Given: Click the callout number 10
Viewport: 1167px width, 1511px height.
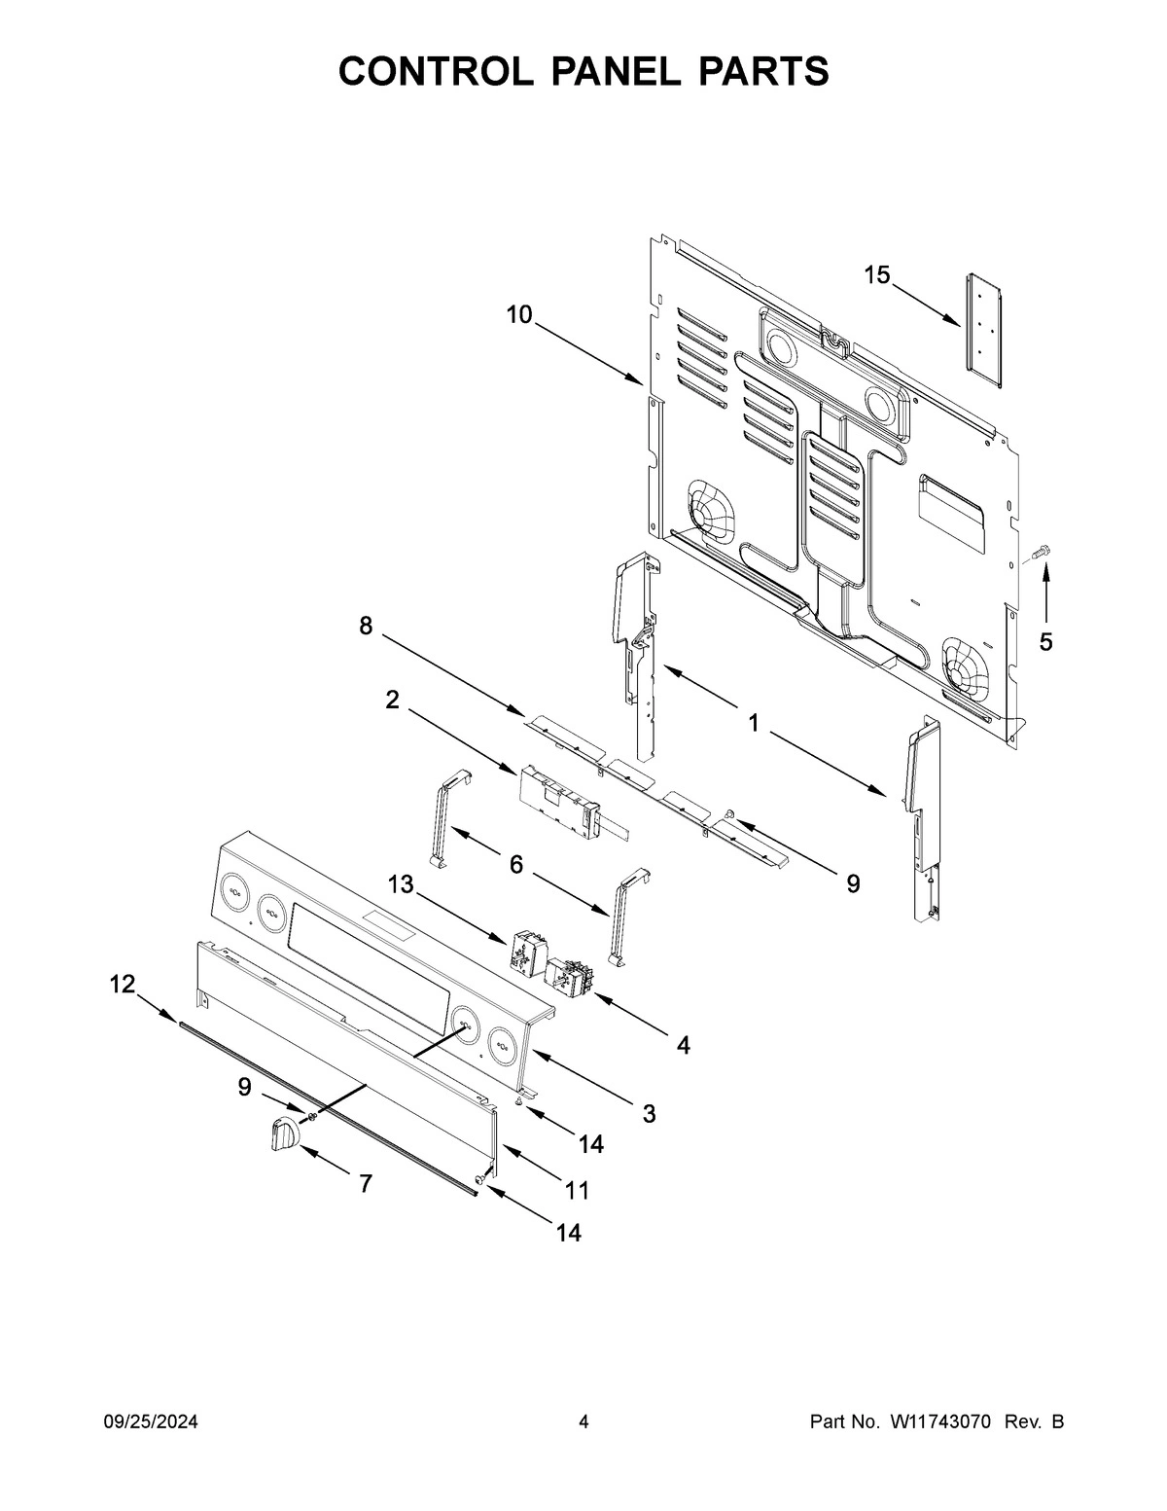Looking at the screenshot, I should click(x=519, y=314).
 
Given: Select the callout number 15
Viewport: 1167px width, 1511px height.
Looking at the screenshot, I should click(x=876, y=275).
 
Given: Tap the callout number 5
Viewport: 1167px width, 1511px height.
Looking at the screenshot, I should click(x=1045, y=642).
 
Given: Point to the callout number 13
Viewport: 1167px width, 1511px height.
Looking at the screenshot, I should click(x=400, y=884).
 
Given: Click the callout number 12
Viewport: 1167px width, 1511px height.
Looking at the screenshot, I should click(x=122, y=985).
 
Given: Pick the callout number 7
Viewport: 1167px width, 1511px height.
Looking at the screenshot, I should click(x=366, y=1184).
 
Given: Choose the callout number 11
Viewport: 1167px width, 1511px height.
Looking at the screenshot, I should click(x=578, y=1190).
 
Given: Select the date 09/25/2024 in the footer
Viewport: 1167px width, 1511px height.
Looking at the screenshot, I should click(x=151, y=1422).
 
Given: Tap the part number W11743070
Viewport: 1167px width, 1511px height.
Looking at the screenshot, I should click(x=938, y=1422).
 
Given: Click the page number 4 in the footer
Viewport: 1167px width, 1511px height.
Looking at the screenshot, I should click(x=583, y=1422).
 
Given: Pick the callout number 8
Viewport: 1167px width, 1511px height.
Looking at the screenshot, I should click(x=366, y=627).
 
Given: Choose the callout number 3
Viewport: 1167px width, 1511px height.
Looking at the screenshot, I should click(x=649, y=1113).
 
